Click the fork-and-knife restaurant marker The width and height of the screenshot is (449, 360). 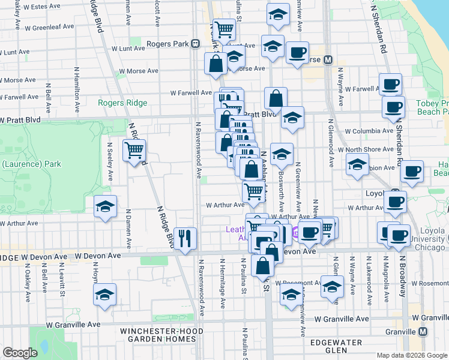click(x=185, y=238)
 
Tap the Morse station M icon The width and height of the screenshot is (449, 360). click(x=328, y=60)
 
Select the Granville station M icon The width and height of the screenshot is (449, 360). click(x=423, y=331)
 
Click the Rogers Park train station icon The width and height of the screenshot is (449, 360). click(x=195, y=44)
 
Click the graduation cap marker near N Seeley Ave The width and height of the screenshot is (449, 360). click(x=105, y=207)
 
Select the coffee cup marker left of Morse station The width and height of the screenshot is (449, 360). click(x=297, y=53)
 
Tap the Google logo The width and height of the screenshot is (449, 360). click(x=19, y=353)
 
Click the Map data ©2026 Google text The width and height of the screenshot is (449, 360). click(x=411, y=355)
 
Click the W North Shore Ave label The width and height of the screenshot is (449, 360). click(x=360, y=149)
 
